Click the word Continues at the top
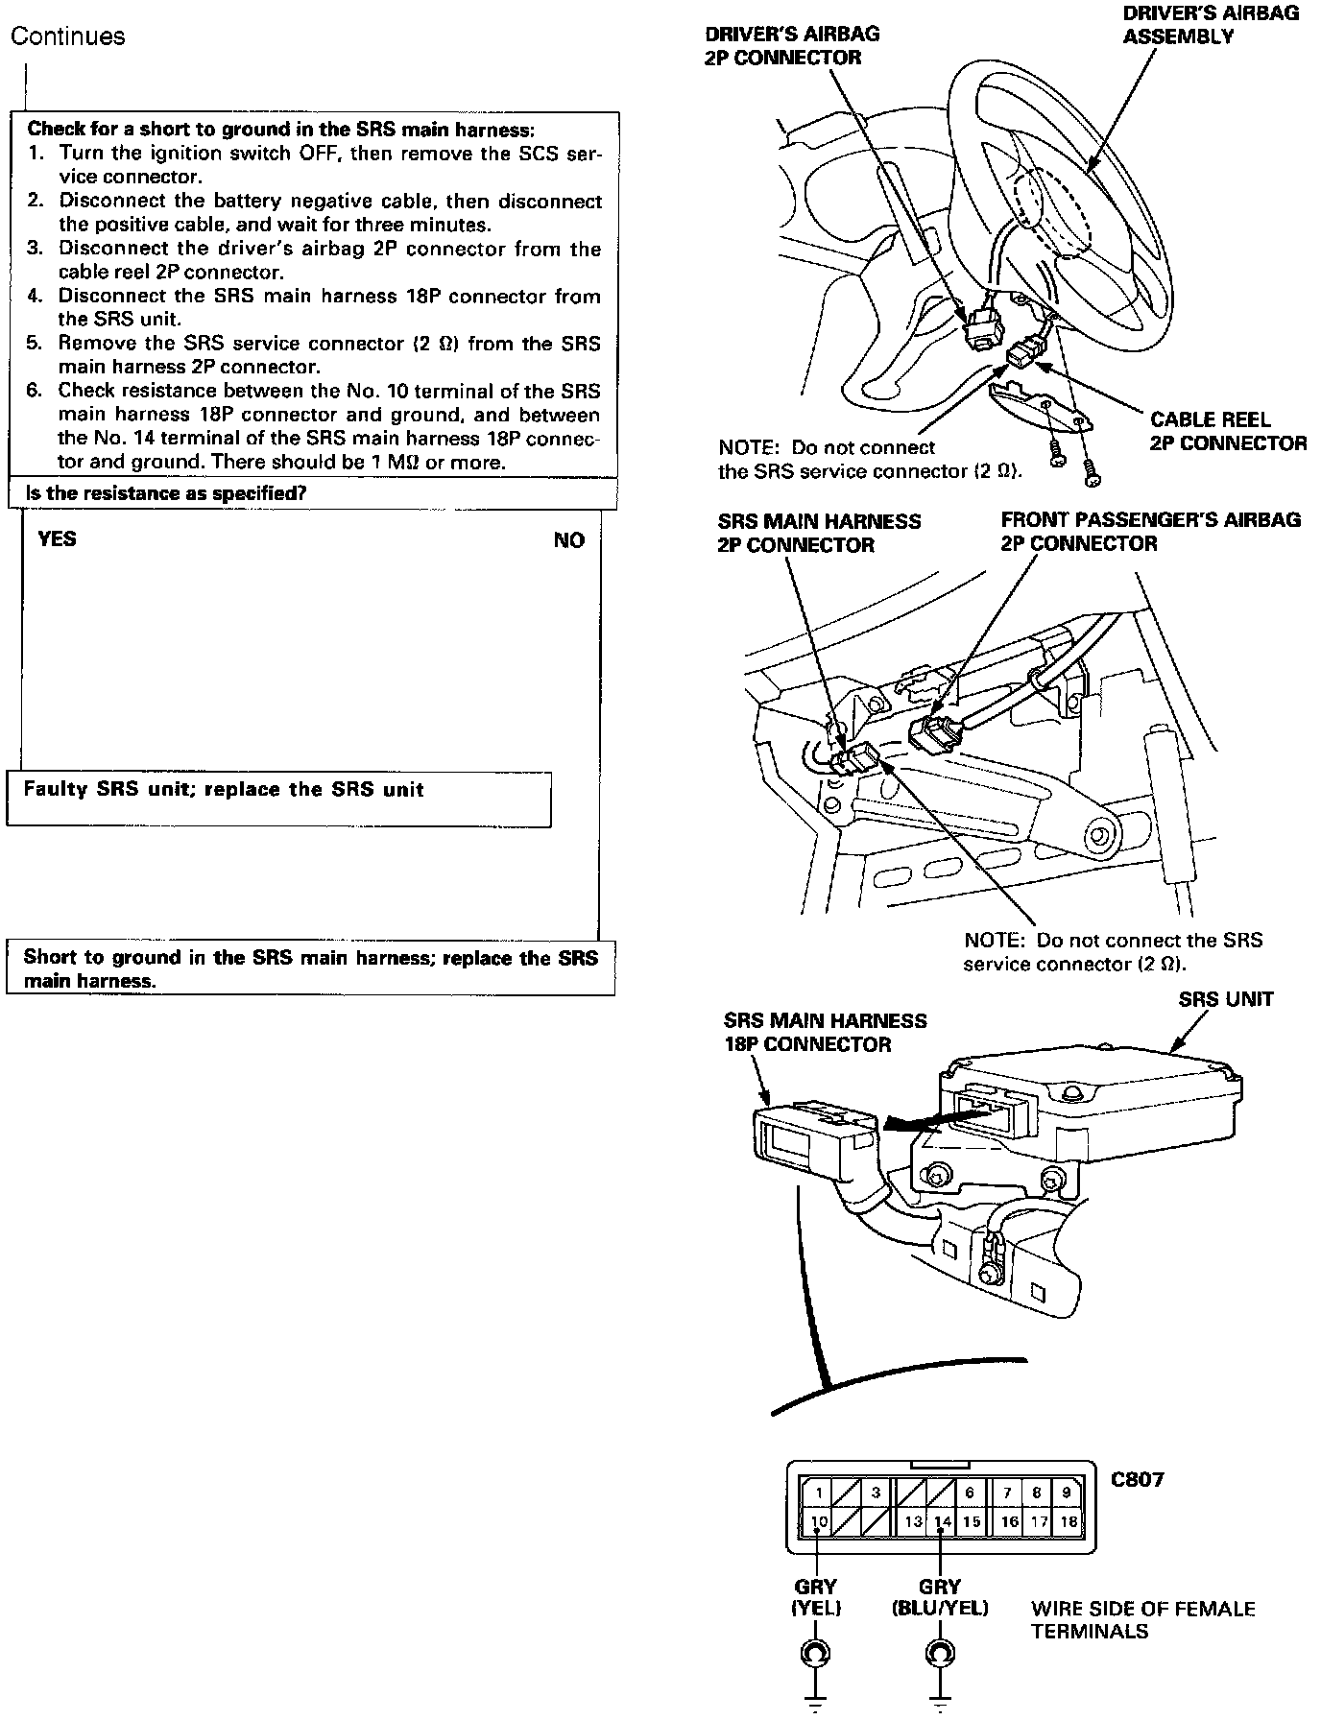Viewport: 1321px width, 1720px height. click(x=67, y=36)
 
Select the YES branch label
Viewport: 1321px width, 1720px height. click(x=57, y=538)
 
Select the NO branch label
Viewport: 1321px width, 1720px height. click(x=568, y=540)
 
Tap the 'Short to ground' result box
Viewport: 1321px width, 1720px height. click(x=310, y=968)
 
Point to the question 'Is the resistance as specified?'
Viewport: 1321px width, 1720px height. click(x=166, y=493)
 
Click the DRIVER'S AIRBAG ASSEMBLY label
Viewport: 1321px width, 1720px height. click(x=1211, y=24)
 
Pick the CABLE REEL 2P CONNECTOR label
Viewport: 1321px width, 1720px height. click(x=1228, y=431)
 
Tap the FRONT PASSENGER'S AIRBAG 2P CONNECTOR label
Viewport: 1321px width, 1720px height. click(x=1150, y=532)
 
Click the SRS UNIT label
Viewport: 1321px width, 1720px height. click(x=1225, y=999)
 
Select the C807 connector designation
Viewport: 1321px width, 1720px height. click(x=1137, y=1479)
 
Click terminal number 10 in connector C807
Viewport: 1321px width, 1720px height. click(x=819, y=1521)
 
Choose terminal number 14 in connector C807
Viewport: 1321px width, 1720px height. click(x=943, y=1521)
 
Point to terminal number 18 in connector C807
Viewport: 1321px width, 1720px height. click(x=1068, y=1521)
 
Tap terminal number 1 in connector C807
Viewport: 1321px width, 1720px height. click(x=819, y=1493)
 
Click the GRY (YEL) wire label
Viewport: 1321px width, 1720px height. click(x=816, y=1597)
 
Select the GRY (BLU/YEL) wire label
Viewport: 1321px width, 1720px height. click(x=940, y=1597)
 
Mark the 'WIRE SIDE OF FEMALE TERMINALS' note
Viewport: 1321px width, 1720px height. click(x=1142, y=1619)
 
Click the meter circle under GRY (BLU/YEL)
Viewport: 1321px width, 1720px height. click(x=940, y=1653)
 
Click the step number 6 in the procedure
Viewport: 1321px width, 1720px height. click(x=35, y=391)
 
